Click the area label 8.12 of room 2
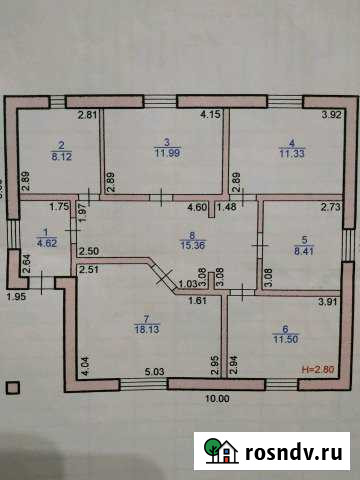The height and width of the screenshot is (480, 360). (61, 156)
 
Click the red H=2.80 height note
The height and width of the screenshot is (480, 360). (320, 369)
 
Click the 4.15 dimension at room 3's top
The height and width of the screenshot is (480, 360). (210, 116)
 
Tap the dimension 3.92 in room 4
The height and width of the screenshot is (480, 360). (331, 116)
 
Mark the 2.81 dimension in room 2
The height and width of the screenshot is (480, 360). (88, 116)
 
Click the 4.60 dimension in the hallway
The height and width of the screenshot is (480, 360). (199, 207)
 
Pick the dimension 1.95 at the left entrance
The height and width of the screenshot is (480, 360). (15, 297)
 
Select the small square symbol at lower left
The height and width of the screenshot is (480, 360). (12, 387)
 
